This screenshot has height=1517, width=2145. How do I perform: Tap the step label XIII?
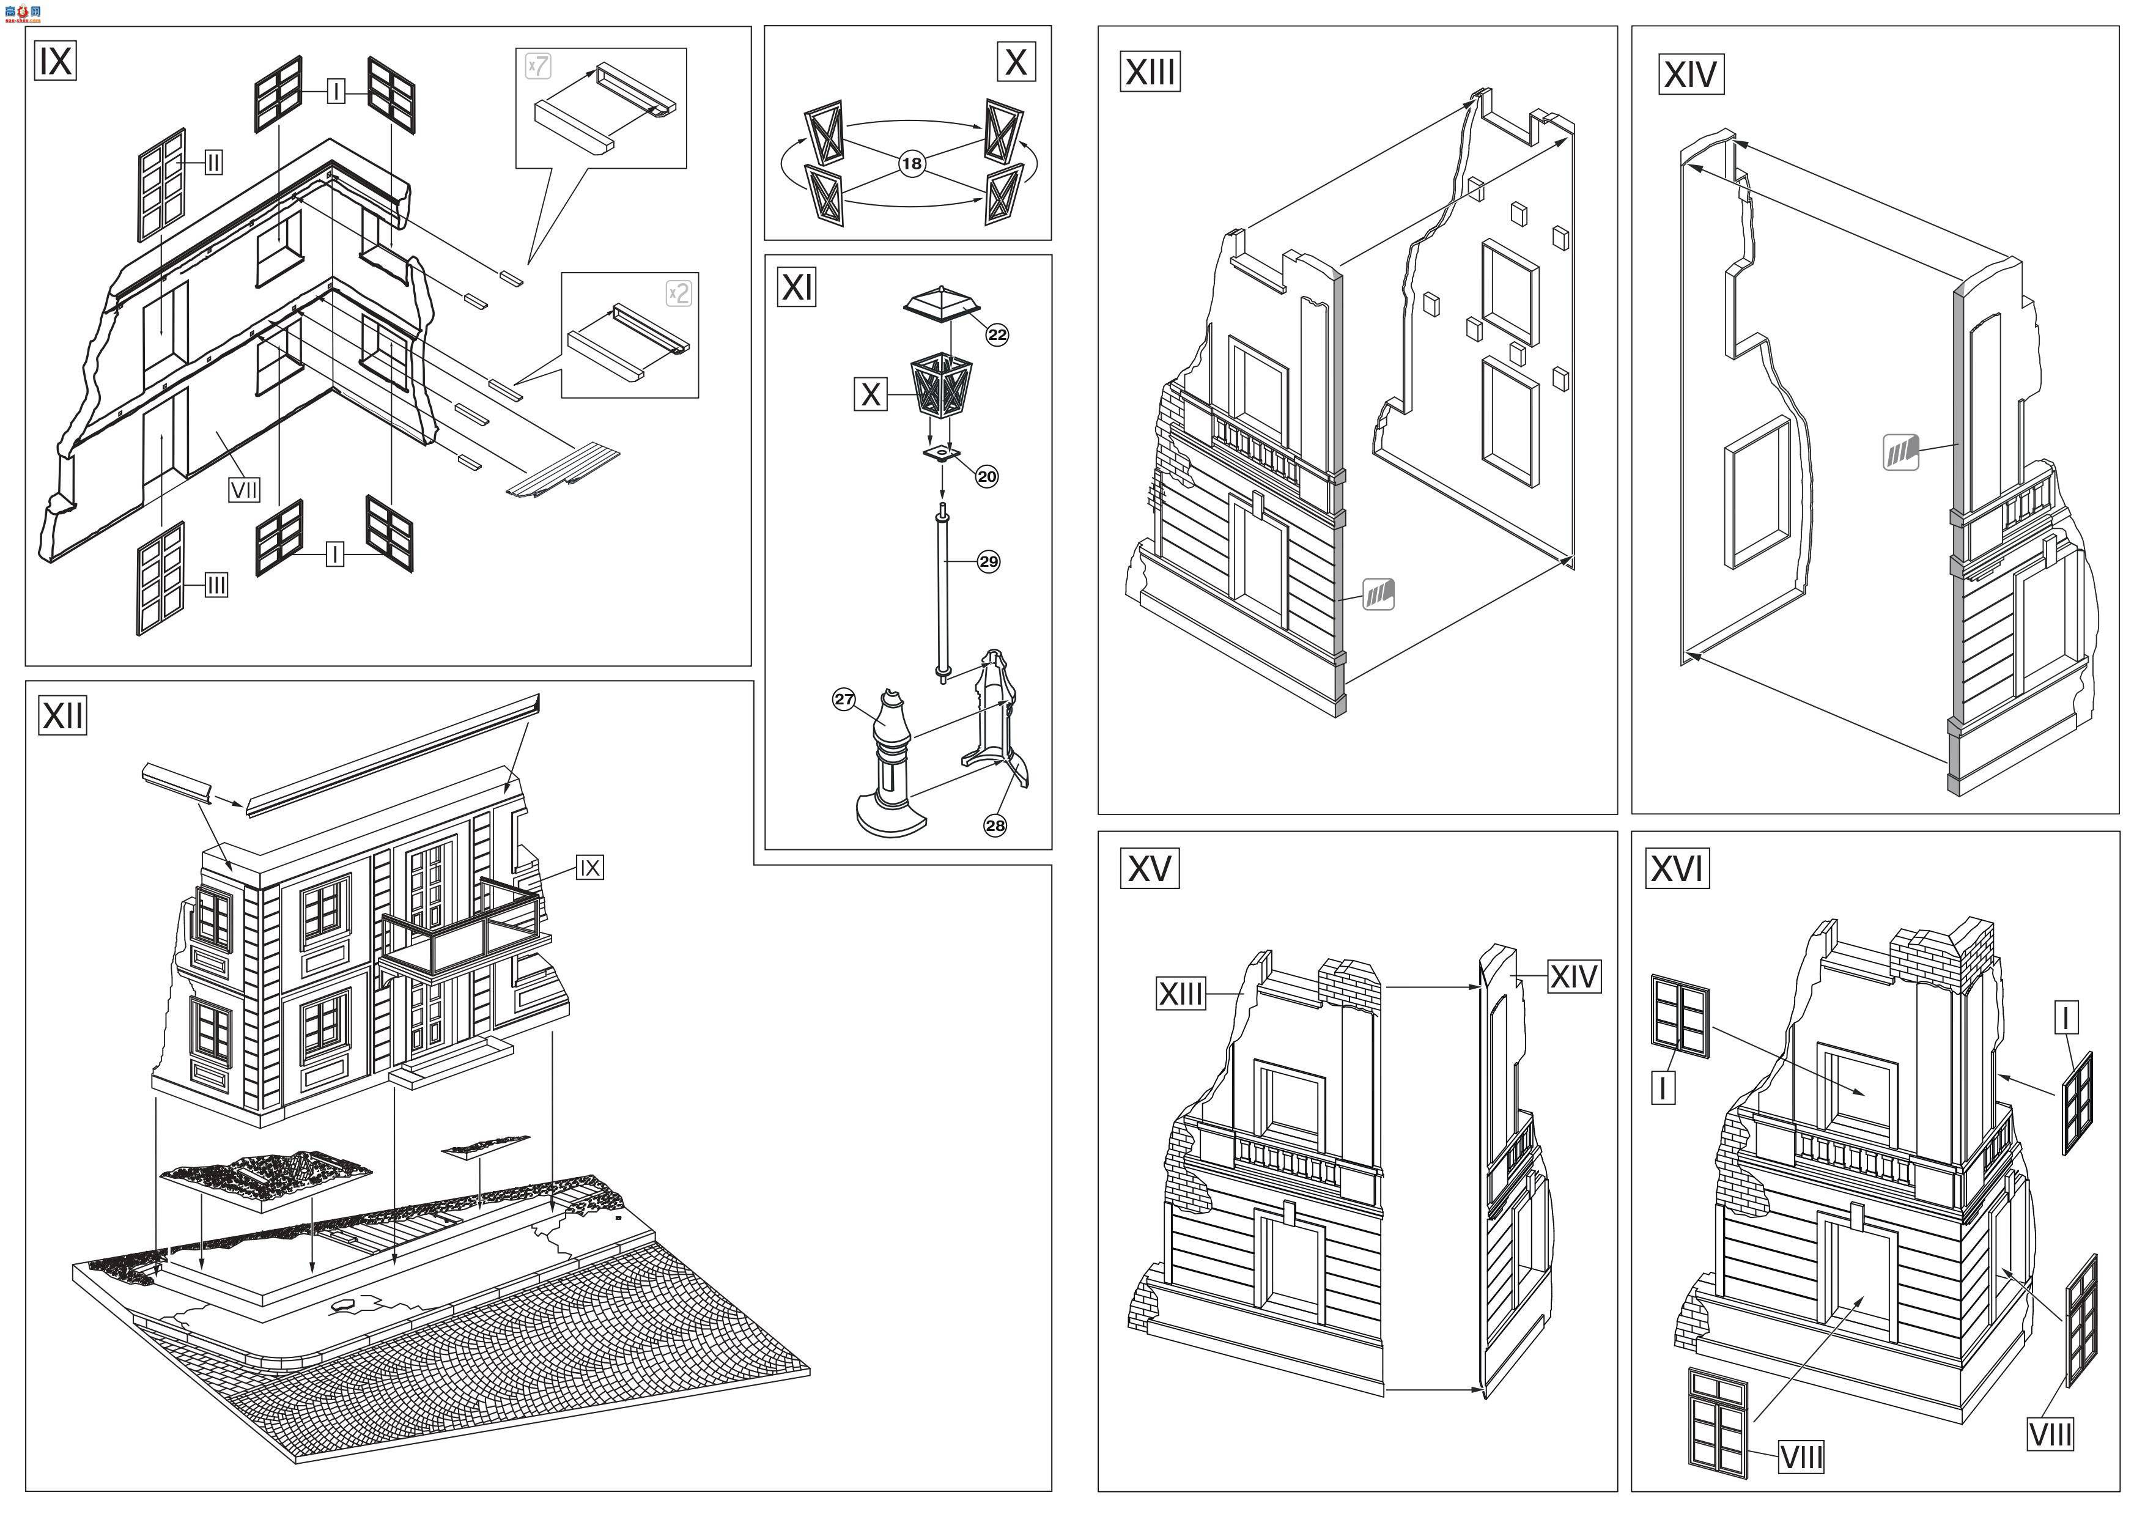[1150, 71]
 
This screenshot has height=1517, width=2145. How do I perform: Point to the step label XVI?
[1677, 869]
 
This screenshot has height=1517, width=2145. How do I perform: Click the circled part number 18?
[912, 163]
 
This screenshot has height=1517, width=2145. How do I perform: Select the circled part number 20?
[986, 476]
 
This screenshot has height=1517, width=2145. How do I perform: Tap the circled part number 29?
[988, 561]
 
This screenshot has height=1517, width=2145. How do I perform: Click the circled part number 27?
[844, 699]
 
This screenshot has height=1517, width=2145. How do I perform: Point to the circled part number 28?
[995, 825]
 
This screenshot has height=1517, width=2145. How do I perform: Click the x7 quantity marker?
[538, 66]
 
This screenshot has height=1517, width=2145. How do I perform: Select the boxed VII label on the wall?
[245, 490]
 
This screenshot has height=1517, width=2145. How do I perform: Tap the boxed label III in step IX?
[216, 586]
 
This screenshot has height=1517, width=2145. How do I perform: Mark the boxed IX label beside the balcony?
[589, 868]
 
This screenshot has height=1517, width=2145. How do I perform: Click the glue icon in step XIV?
[1900, 453]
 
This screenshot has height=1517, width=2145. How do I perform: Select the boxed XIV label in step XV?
[1573, 977]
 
